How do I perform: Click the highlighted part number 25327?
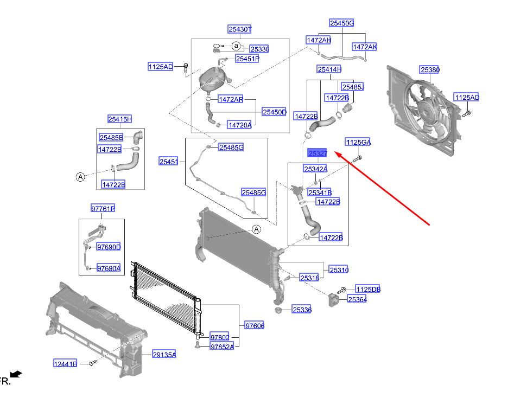point(318,153)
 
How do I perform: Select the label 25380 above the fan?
point(430,70)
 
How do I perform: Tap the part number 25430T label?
point(240,29)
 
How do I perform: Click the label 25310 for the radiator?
point(339,270)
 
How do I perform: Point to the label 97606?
point(255,325)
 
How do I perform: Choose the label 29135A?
point(164,355)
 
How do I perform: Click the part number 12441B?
point(65,363)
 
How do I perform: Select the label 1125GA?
point(358,142)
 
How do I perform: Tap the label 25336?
point(302,310)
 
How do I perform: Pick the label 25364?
point(357,299)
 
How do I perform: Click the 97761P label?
point(103,208)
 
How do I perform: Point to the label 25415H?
point(119,119)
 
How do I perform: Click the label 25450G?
point(342,23)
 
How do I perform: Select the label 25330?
point(259,49)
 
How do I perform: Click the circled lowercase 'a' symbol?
point(236,46)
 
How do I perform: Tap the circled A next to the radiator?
point(256,229)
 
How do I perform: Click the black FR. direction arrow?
point(16,374)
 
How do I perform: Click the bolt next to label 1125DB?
point(341,291)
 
